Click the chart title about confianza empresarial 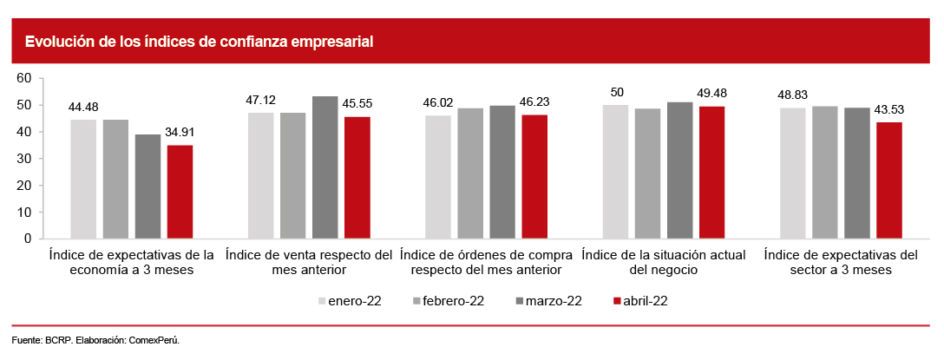[199, 42]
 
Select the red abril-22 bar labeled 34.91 [180, 192]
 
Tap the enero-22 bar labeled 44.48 [83, 179]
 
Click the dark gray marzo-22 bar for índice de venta [325, 167]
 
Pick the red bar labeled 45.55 [357, 178]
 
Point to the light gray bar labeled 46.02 [438, 177]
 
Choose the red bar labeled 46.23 [534, 177]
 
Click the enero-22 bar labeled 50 [615, 172]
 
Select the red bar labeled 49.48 [711, 173]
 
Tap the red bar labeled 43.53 [889, 180]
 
